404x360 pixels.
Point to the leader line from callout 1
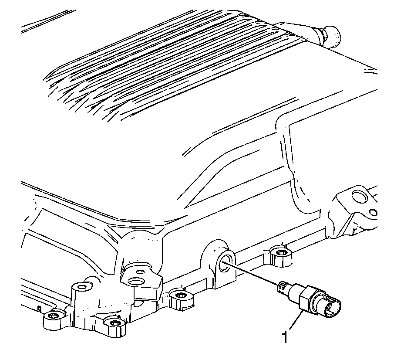(294, 321)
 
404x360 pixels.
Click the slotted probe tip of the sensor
(281, 286)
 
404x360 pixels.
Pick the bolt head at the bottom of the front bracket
(114, 323)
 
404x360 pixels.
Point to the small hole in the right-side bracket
(373, 213)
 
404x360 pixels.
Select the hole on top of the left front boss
(81, 287)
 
